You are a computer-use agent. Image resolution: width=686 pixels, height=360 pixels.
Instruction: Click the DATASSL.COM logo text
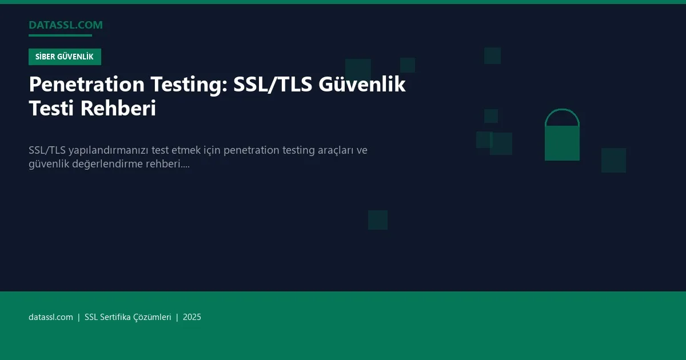[66, 25]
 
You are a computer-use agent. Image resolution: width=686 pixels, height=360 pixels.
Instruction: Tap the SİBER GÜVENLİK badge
[65, 57]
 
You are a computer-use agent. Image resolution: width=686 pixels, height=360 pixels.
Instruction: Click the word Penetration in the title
[87, 85]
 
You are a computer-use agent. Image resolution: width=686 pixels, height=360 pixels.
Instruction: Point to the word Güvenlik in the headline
[362, 85]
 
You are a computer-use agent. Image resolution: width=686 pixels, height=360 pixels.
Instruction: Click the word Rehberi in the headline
[118, 108]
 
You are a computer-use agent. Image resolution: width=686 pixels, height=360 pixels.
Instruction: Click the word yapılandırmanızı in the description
[109, 150]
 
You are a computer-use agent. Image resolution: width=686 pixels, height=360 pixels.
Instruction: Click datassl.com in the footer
[51, 317]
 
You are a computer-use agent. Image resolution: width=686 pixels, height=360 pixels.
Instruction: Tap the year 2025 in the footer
[192, 317]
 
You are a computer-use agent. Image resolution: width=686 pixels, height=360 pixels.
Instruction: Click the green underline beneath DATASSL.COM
[60, 35]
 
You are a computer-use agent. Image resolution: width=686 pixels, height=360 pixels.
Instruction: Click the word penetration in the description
[250, 150]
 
